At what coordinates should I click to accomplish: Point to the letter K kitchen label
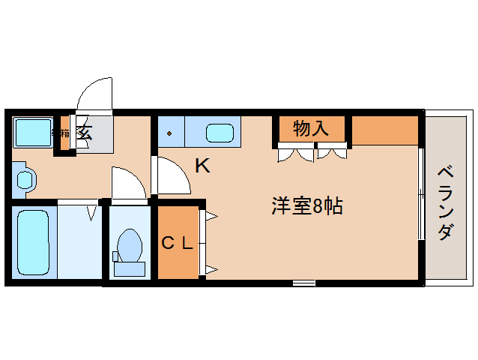[202, 166]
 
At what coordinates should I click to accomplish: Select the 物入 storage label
[310, 128]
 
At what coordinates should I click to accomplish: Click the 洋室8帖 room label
[306, 207]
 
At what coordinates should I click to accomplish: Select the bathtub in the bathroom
[31, 240]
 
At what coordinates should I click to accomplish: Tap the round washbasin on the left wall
[25, 180]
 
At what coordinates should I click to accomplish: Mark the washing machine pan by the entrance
[34, 132]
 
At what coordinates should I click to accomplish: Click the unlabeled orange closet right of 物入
[384, 130]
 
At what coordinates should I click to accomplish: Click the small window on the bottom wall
[303, 283]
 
